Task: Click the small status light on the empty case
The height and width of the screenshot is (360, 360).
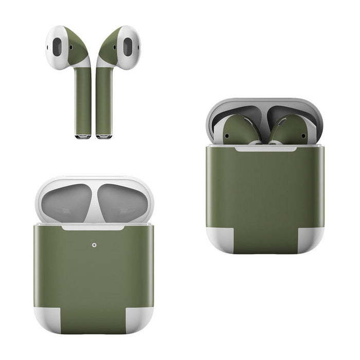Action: pos(94,245)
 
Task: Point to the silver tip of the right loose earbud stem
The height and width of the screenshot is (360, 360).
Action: pos(103,136)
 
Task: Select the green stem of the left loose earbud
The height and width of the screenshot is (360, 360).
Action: pos(83,100)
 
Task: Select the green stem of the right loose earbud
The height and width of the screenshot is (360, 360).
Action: pos(103,100)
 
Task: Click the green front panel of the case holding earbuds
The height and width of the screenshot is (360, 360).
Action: pos(265,190)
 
